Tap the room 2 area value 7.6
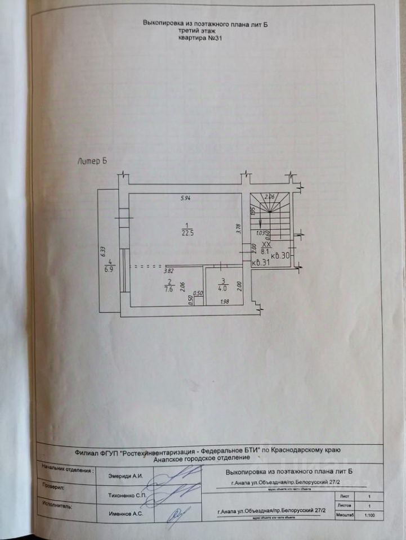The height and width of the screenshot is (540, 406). point(168,290)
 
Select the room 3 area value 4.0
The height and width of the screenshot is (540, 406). point(222,290)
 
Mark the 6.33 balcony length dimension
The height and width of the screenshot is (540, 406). point(104,251)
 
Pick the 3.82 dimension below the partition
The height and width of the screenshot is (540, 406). point(168,271)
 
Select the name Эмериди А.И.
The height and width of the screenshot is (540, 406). point(126,476)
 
